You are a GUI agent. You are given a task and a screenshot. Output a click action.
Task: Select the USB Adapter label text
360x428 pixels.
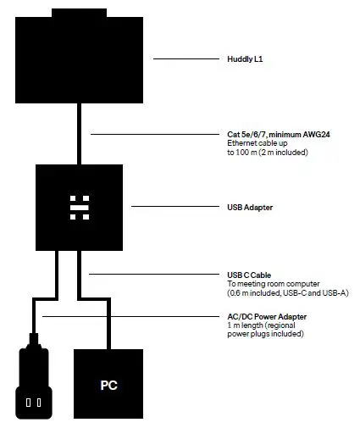tap(247, 207)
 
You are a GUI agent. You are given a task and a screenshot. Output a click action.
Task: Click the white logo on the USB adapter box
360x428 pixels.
tap(80, 206)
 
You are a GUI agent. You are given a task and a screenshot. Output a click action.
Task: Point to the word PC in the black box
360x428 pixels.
tap(108, 385)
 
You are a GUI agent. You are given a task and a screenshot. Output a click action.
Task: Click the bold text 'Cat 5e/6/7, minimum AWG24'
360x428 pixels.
tap(268, 134)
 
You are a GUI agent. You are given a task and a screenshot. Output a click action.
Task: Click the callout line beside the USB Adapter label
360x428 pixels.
tap(174, 207)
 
